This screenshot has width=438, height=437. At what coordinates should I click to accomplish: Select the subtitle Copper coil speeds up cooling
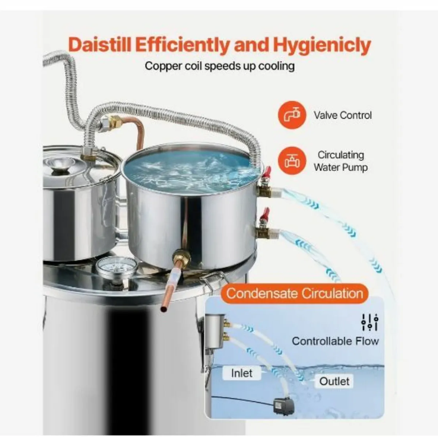220,66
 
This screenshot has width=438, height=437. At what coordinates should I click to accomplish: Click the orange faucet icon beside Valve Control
292,115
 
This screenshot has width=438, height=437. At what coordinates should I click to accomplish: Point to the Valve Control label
342,115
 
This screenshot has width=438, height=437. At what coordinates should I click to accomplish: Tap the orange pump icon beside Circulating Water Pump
292,161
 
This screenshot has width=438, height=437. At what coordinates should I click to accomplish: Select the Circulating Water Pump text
341,161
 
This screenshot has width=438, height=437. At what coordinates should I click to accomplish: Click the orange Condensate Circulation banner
295,293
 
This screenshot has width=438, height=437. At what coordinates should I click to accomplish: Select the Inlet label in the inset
242,373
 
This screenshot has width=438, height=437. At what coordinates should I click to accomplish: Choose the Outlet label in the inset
334,381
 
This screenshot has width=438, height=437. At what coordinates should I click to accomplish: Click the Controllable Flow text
335,341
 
